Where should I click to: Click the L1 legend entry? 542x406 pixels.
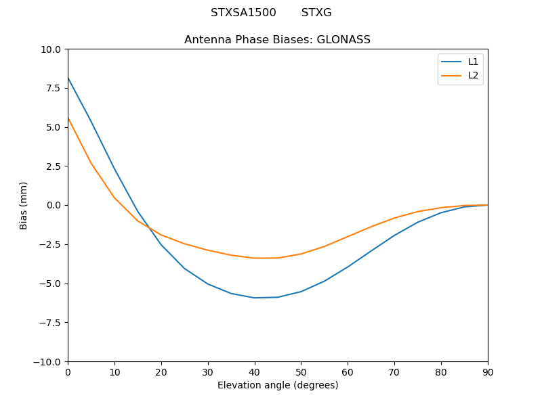[x=473, y=62]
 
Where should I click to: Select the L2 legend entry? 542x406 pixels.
[x=473, y=75]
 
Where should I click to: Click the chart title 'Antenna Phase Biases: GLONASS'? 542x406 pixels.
[x=277, y=40]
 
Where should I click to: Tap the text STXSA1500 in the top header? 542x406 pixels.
[x=243, y=13]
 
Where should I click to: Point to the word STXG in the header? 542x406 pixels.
[x=316, y=13]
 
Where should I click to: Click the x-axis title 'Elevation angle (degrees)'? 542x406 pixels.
[x=277, y=386]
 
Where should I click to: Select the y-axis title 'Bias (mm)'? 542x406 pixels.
[x=24, y=205]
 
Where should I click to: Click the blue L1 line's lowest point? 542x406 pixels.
[x=255, y=298]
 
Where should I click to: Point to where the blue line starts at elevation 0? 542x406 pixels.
[x=68, y=78]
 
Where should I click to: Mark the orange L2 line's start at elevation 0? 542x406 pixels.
[x=68, y=118]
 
